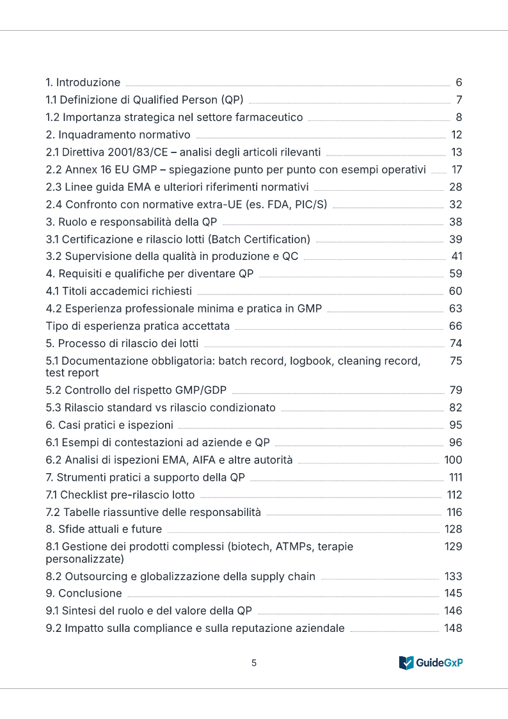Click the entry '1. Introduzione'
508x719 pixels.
click(83, 83)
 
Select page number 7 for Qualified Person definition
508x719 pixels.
click(459, 100)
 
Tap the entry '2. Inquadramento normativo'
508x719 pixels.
click(118, 135)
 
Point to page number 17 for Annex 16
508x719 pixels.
click(456, 170)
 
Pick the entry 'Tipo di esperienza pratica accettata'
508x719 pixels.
click(138, 326)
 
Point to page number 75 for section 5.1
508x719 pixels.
click(456, 361)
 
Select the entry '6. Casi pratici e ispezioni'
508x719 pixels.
click(109, 425)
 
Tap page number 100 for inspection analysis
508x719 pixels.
click(453, 460)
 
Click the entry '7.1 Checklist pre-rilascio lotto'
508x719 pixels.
click(120, 495)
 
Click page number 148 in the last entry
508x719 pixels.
click(453, 628)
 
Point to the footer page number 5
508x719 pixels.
click(254, 663)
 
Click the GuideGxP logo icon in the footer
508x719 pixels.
click(406, 663)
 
